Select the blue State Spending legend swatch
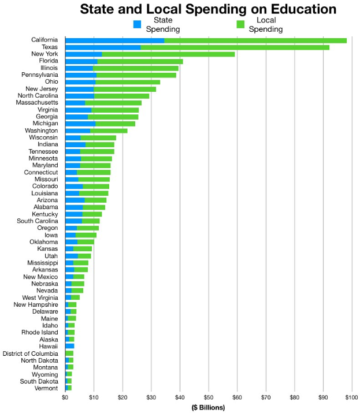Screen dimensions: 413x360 138,25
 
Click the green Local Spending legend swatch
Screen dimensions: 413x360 242,25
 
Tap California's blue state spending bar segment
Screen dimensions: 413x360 114,40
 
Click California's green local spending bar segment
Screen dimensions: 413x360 255,40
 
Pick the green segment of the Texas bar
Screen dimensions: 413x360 235,47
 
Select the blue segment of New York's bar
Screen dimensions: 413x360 83,54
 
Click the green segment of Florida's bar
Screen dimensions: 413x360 140,61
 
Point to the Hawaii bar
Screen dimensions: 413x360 69,346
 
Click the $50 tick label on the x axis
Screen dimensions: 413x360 208,397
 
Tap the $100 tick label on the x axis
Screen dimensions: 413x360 350,397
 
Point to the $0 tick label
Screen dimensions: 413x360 65,397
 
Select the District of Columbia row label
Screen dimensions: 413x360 30,353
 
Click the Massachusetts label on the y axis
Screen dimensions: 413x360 37,103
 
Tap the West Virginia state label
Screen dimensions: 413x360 40,297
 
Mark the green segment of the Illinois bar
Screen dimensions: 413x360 135,68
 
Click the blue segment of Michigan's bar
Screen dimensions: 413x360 80,124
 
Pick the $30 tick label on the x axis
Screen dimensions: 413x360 151,397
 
